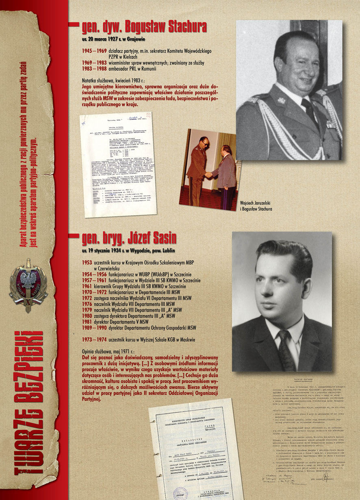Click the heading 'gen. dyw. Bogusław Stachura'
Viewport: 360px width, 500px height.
pos(144,27)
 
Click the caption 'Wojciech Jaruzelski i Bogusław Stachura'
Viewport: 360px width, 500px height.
pos(255,206)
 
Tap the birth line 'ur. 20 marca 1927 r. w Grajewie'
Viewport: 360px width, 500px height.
pos(113,39)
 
